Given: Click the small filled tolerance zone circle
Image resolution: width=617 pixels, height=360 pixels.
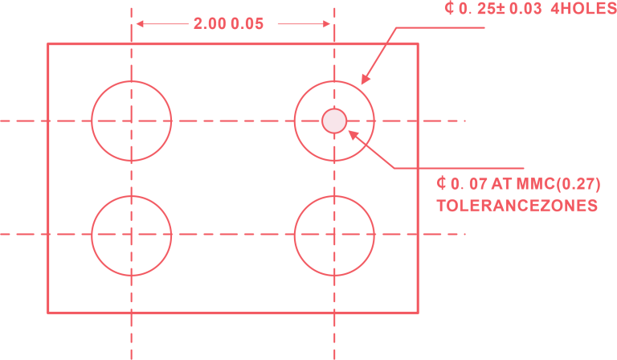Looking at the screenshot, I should coord(334,121).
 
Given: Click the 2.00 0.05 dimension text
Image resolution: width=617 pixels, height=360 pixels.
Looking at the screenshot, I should coord(228,24).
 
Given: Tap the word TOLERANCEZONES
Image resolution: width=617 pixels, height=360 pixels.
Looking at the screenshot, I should coord(517,206).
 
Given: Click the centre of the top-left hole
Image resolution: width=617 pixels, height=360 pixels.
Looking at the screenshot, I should coord(131,121).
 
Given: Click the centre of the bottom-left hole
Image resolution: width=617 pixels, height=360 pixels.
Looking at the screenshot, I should coord(131,235).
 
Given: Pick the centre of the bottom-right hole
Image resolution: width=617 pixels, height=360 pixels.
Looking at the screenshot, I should coord(334,235).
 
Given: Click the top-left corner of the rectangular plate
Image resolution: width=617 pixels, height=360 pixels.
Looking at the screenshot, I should coord(48,43).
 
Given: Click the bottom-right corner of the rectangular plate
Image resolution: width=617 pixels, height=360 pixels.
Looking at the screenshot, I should coord(419,311).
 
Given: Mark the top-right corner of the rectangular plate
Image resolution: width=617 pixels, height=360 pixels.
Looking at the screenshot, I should coord(419,43).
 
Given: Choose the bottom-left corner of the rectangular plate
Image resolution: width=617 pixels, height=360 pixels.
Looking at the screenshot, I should coord(48,311).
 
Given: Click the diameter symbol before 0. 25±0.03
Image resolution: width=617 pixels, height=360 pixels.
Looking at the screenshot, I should coord(449,9).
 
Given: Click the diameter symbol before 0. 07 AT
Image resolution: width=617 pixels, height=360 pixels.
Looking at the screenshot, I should coord(442,182).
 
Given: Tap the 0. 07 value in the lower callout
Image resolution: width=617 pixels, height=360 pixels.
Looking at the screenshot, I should coord(468,182).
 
